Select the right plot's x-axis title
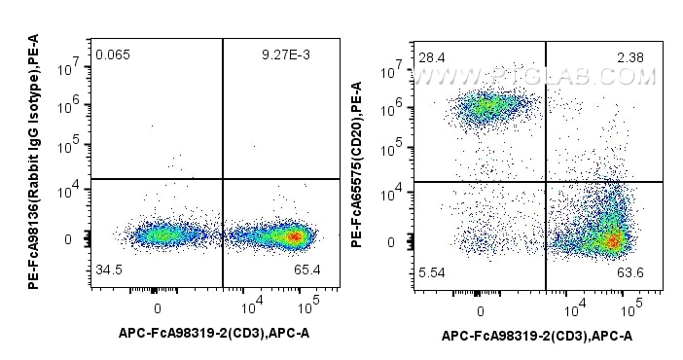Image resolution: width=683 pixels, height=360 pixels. [x=536, y=336]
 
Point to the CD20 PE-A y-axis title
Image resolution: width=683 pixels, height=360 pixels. [x=358, y=151]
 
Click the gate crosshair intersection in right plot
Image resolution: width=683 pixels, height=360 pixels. [x=546, y=182]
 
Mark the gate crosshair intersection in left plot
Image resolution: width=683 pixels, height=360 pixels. [x=223, y=179]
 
